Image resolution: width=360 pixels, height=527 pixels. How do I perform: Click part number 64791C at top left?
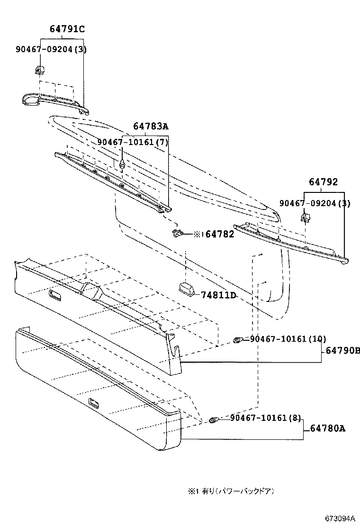[67, 29]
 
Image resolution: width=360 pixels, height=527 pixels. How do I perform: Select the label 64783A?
[151, 127]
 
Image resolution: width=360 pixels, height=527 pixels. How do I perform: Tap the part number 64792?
[324, 182]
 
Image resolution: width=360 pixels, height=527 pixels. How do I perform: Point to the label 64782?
[220, 234]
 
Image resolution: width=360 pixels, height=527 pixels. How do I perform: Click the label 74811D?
[219, 295]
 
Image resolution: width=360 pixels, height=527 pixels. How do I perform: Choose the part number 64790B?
[342, 351]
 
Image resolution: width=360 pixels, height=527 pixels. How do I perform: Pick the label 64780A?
[328, 428]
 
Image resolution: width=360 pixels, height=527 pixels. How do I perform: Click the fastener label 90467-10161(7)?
[133, 142]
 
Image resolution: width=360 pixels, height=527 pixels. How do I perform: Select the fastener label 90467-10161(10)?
[288, 339]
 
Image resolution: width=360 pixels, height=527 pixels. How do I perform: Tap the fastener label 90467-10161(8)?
[265, 418]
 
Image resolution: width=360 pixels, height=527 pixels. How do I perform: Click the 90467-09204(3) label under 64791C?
[51, 49]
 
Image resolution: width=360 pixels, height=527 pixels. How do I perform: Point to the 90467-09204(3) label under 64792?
[315, 203]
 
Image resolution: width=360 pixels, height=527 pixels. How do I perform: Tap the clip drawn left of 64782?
[177, 232]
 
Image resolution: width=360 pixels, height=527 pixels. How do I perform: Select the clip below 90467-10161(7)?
[123, 164]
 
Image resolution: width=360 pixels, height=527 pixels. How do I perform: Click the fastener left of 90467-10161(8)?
[214, 420]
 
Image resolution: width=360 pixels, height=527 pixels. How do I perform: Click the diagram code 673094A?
[340, 518]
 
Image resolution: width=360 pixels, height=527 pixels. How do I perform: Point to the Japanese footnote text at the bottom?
[231, 491]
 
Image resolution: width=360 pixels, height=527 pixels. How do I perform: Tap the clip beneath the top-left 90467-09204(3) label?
[40, 70]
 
